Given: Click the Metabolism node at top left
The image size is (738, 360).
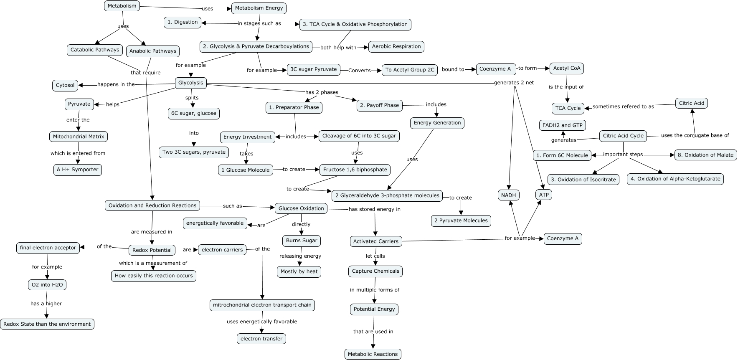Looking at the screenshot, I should click(x=122, y=6).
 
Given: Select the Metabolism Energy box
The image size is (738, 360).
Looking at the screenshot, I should click(x=259, y=8).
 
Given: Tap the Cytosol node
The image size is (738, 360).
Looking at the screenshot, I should click(x=65, y=85).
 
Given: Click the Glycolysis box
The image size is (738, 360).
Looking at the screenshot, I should click(x=190, y=83).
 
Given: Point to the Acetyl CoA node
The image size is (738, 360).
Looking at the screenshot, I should click(x=566, y=68).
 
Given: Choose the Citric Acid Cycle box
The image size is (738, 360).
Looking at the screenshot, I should click(x=623, y=136).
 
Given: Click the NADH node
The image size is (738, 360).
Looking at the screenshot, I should click(x=508, y=195).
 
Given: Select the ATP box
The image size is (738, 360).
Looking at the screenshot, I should click(x=544, y=195).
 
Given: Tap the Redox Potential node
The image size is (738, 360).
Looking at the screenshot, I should click(x=152, y=250).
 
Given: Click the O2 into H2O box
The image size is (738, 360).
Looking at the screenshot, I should click(x=47, y=285).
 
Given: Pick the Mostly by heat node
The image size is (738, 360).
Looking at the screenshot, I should click(x=299, y=271).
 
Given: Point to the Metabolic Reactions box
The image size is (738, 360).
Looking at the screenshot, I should click(x=373, y=354).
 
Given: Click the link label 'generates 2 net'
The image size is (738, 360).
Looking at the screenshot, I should click(x=514, y=83).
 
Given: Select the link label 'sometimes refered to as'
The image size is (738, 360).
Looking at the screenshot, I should click(x=623, y=106).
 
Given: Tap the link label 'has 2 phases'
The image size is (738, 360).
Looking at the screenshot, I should click(x=322, y=92).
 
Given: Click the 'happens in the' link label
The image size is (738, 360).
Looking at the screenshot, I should click(x=116, y=84).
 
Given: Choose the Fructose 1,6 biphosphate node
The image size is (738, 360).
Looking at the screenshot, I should click(x=355, y=170).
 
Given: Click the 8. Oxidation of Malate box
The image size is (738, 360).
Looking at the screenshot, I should click(x=705, y=155).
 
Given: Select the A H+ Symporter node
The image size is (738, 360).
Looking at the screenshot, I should click(x=78, y=170).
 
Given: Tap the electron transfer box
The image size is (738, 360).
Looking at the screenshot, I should click(x=261, y=339).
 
